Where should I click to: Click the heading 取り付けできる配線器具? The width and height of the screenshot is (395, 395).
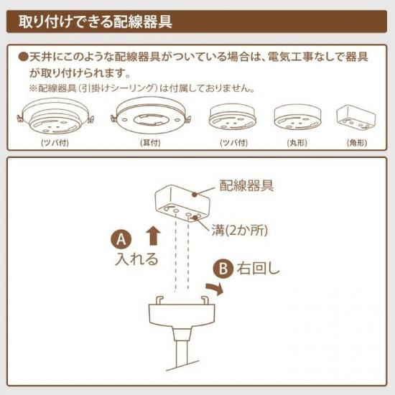[x=96, y=22]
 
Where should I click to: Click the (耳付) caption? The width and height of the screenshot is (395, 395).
[x=150, y=143]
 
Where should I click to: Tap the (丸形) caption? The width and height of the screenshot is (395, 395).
[x=297, y=143]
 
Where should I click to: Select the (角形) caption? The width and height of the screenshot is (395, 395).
[x=357, y=143]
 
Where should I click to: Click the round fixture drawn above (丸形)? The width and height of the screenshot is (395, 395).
[x=297, y=117]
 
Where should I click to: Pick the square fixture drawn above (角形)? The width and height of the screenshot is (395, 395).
[x=356, y=117]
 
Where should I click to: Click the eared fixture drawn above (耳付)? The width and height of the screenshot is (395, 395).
[x=151, y=116]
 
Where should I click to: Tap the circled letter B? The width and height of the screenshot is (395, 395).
[x=223, y=269]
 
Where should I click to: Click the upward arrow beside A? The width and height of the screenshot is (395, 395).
[x=154, y=236]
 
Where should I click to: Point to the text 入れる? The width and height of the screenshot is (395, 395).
[x=136, y=259]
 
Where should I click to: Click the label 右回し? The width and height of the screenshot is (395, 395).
[x=259, y=269]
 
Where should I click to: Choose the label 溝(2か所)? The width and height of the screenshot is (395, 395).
[x=240, y=231]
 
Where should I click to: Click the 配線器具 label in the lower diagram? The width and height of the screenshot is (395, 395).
[x=246, y=186]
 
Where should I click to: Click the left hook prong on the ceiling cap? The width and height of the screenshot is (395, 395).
[x=159, y=300]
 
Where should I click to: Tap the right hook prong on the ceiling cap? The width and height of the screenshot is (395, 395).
[x=204, y=300]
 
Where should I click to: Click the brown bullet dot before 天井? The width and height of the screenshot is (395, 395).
[x=23, y=57]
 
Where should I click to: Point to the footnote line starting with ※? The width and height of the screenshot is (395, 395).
[x=142, y=88]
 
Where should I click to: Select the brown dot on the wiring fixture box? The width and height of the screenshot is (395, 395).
[x=194, y=195]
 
